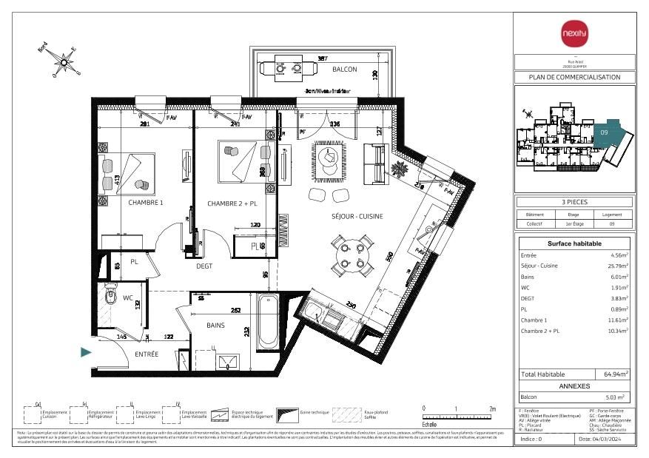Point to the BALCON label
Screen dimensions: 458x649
click(344, 70)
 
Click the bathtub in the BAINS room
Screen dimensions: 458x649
click(268, 323)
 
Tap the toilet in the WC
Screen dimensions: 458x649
click(110, 295)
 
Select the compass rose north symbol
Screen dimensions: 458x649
click(64, 61)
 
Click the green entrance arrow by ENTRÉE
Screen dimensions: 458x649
click(87, 353)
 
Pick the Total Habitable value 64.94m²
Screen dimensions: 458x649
click(616, 374)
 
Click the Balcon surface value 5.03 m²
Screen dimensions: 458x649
click(616, 397)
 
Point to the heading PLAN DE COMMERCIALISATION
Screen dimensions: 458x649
click(574, 77)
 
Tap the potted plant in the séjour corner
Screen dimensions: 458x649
click(400, 169)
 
